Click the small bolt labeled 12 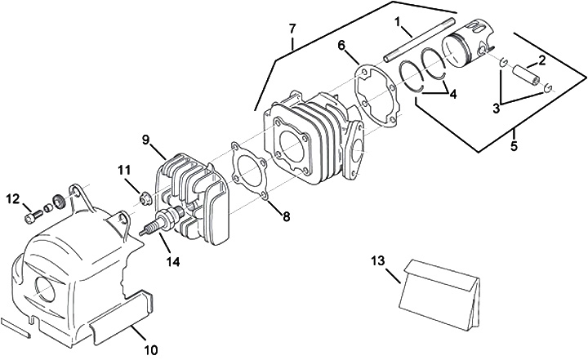pos(33,215)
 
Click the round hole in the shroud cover pos(42,288)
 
